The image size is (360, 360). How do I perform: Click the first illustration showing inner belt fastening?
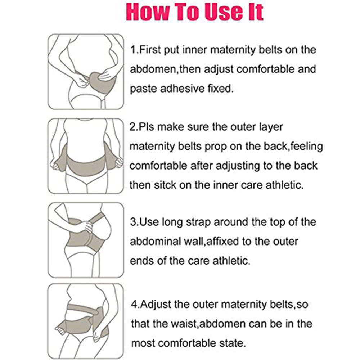point(86,71)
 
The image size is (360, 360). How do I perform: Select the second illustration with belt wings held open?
point(86,156)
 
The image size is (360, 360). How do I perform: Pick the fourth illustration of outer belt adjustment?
point(86,321)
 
